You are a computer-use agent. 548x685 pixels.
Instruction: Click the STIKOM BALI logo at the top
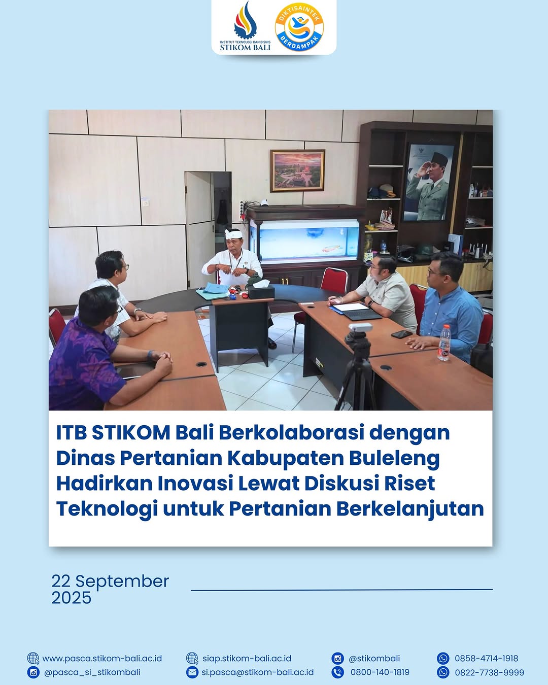[245, 27]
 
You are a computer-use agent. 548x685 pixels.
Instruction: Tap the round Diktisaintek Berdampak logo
[299, 27]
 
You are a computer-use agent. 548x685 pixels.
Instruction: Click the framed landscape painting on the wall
[297, 170]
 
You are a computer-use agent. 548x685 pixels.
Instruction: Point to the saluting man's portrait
[429, 183]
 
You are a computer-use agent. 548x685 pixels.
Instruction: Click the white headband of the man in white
[233, 234]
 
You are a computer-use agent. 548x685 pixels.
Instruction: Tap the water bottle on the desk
[444, 342]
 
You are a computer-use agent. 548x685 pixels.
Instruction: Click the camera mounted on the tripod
[360, 328]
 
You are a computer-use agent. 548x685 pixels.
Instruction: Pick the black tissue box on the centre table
[261, 291]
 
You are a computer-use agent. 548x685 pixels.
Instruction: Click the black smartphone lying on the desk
[402, 334]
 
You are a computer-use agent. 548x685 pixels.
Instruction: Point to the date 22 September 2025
[110, 589]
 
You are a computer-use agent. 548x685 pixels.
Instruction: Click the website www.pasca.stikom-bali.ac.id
[102, 659]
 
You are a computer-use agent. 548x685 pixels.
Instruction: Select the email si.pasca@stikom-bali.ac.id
[257, 672]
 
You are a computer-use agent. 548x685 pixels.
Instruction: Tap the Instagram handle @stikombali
[374, 659]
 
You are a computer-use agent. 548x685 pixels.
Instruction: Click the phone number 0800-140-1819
[380, 672]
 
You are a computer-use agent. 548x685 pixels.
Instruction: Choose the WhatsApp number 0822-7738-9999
[489, 672]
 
